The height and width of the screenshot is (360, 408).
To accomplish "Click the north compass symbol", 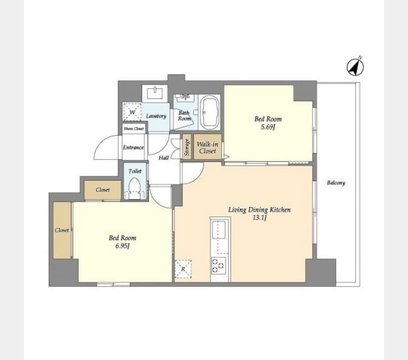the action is (355, 67).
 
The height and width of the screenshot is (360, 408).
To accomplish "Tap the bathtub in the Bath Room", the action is (209, 112).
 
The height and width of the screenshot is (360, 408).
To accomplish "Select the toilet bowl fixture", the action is (134, 188).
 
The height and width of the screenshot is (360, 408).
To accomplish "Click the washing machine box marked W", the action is (132, 112).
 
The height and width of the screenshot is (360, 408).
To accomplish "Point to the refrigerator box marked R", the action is (183, 269).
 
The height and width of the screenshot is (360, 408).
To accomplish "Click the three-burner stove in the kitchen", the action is (218, 265).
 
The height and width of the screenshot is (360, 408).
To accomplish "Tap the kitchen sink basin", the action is (218, 230).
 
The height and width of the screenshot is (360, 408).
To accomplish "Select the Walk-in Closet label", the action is (208, 148).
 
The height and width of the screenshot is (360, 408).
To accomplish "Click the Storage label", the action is (187, 147).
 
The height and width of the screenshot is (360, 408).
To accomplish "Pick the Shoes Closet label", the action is (134, 128).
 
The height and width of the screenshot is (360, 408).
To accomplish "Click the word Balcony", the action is (336, 183).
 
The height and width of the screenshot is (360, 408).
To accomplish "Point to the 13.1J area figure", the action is (259, 217).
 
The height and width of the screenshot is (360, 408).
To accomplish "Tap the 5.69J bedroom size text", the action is (268, 127).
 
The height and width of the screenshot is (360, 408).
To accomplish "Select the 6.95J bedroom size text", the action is (122, 245).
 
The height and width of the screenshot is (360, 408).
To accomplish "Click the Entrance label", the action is (133, 148).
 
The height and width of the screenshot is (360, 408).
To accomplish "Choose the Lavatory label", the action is (156, 116).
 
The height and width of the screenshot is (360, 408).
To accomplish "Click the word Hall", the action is (164, 158).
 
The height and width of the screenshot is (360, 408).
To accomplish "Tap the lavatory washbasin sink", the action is (155, 93).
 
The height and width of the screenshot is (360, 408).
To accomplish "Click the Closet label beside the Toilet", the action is (103, 190).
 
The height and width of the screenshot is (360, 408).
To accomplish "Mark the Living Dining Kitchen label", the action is (259, 209).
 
